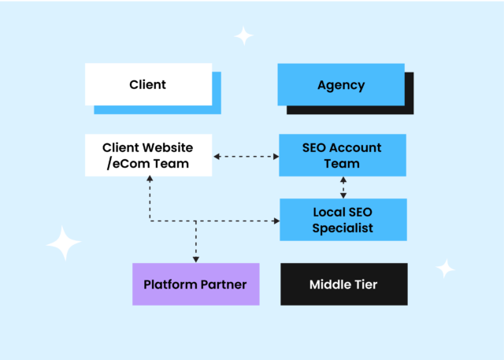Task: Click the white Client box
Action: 148,84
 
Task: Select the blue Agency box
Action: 340,84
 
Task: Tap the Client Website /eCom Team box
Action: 148,155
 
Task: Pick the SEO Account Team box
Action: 342,155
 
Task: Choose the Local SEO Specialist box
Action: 343,220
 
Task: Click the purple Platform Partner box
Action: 195,284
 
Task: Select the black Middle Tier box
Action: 343,284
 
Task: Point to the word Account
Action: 355,147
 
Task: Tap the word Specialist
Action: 343,228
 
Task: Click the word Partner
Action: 224,284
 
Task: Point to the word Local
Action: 330,212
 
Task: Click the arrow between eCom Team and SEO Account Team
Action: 246,157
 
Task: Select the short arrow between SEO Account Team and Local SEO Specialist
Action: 343,187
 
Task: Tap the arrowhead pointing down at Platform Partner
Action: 195,258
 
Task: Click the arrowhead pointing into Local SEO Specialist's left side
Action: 276,221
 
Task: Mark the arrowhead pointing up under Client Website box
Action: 149,180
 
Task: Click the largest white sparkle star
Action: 64,243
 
